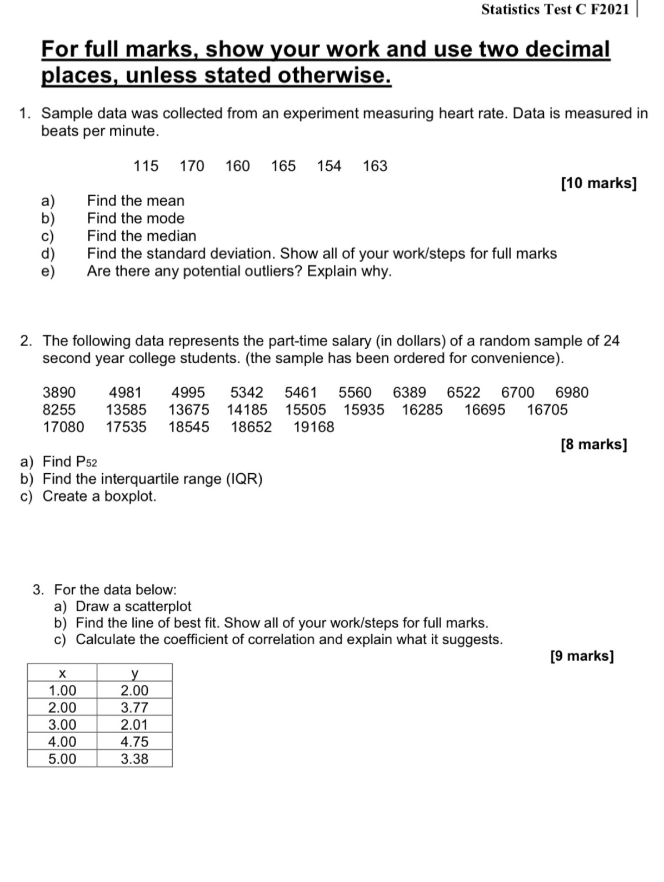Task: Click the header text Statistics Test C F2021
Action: [555, 9]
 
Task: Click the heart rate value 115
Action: [146, 166]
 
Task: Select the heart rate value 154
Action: [329, 166]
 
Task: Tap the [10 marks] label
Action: [598, 183]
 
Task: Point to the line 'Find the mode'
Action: [136, 218]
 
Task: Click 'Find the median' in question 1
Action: [142, 236]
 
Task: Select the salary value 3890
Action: [59, 393]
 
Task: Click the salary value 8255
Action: [59, 410]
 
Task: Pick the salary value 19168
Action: [314, 427]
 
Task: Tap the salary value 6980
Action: [572, 393]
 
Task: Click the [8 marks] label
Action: [593, 444]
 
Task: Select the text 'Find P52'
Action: [69, 462]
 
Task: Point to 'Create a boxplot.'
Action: [99, 496]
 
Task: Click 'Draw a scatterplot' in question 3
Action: [133, 607]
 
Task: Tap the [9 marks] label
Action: [582, 656]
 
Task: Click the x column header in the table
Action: [62, 673]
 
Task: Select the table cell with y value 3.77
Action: [134, 708]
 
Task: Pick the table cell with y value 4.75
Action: [134, 742]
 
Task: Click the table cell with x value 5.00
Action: [62, 759]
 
